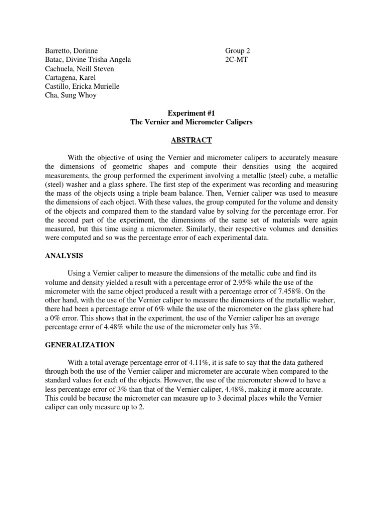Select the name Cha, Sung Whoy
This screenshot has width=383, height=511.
coord(64,95)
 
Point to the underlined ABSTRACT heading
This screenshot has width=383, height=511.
coord(191,140)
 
